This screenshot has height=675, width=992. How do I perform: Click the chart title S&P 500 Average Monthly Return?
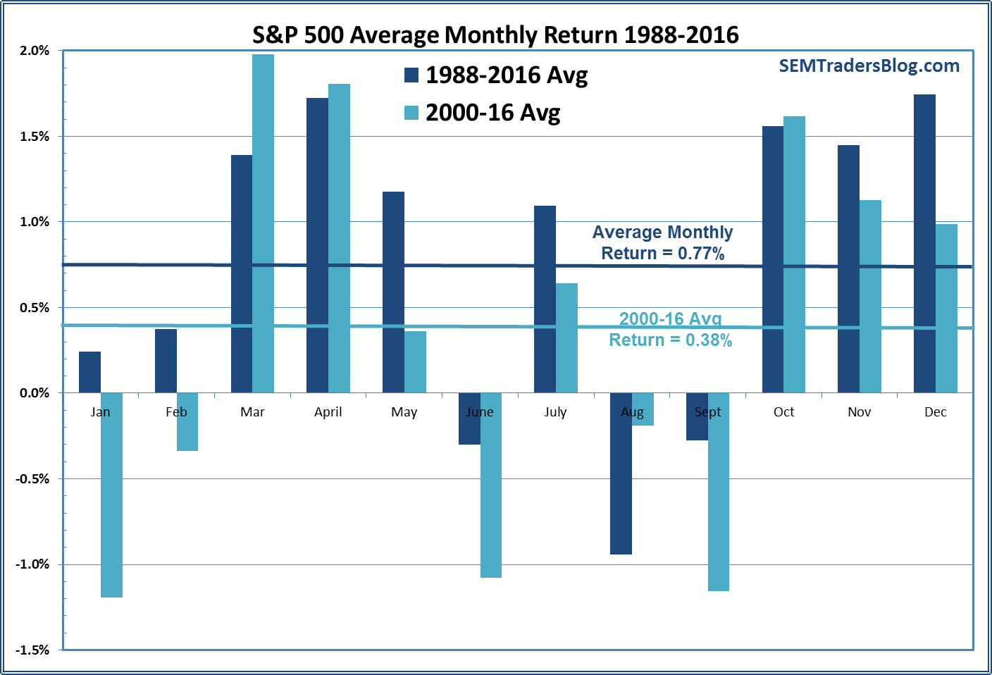[495, 35]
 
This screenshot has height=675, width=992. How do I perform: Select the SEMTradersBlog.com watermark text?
[869, 66]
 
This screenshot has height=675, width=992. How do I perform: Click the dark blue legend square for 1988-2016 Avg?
[411, 75]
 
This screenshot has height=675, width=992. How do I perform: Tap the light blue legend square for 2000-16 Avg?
[411, 113]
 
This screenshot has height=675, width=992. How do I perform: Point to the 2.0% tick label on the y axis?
[35, 51]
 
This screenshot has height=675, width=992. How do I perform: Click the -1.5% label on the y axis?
[32, 650]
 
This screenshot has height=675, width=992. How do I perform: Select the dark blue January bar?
[89, 372]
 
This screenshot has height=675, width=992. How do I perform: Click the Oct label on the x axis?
[783, 412]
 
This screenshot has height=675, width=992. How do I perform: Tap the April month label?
[328, 412]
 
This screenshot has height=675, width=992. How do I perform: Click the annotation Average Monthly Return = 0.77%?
[662, 242]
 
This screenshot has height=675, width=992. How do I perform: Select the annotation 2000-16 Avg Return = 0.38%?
[670, 330]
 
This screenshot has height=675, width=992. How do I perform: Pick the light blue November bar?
[870, 296]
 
